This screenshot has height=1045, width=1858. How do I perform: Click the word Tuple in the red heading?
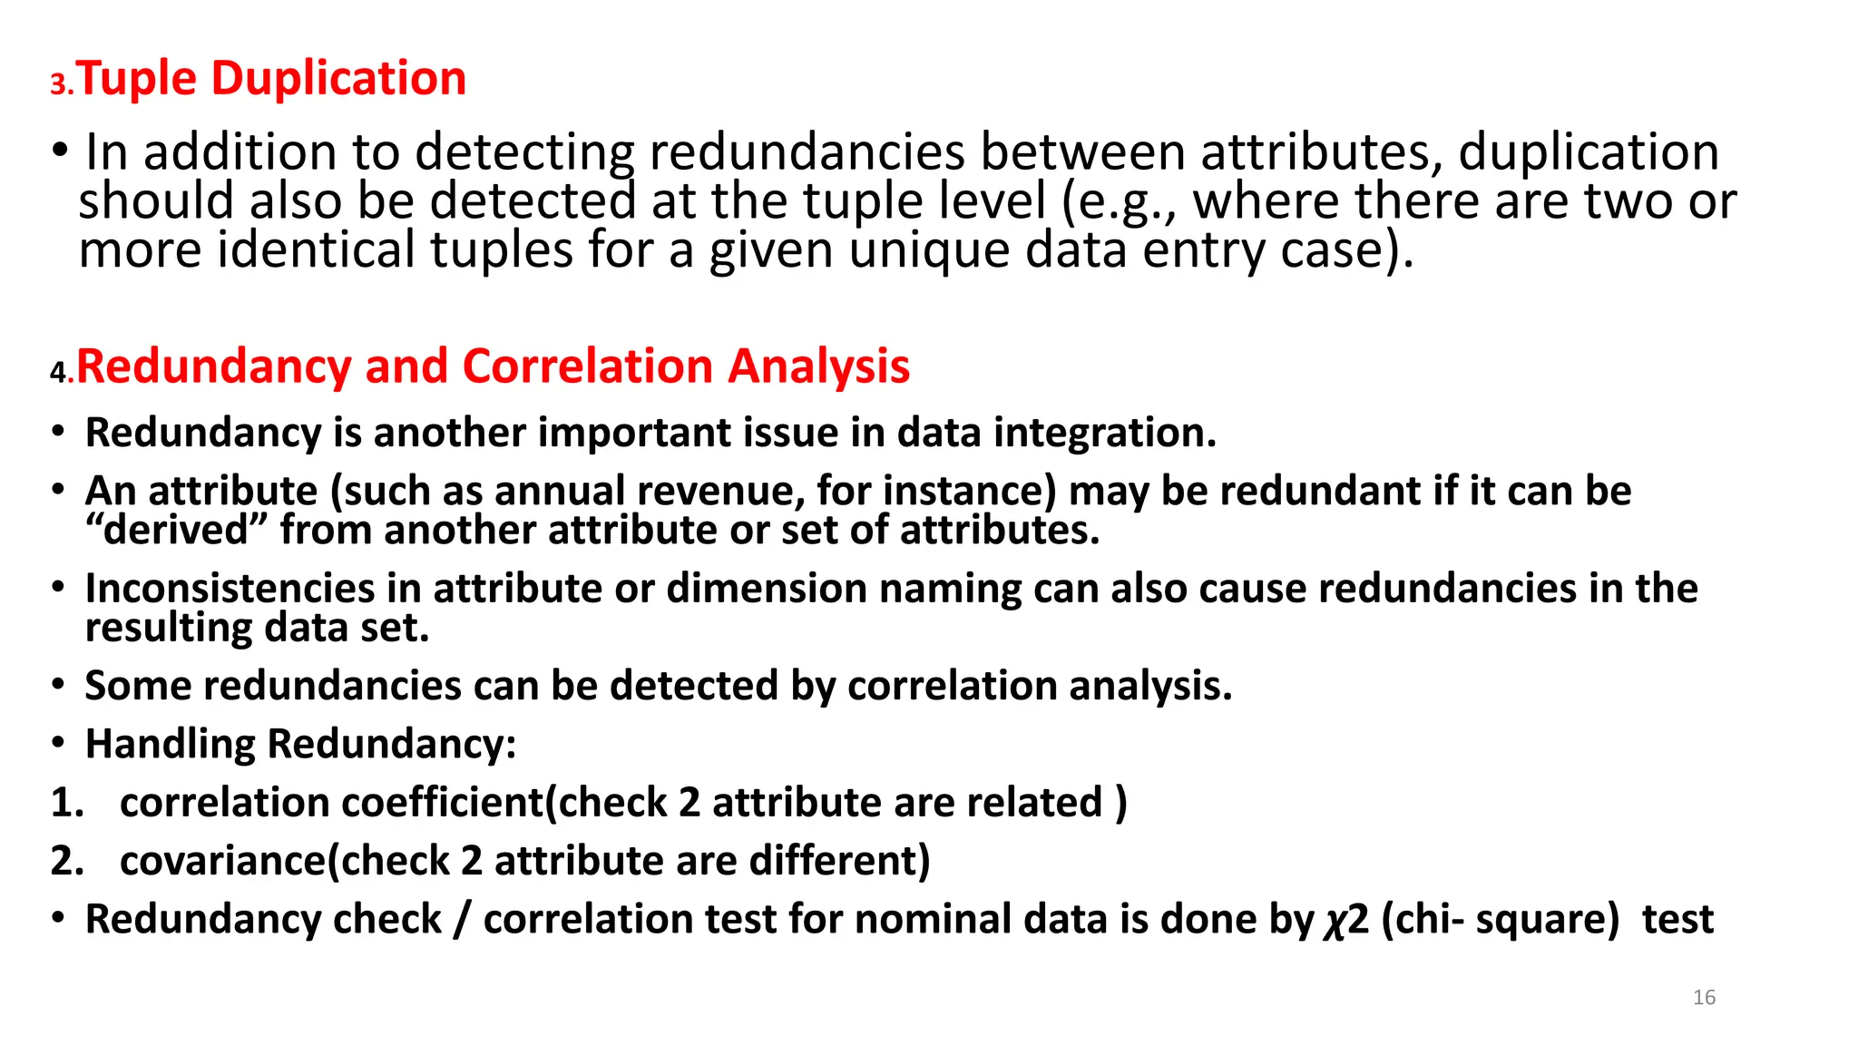point(136,79)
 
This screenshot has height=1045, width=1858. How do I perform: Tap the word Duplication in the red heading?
point(338,79)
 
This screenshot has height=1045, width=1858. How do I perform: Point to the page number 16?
point(1704,998)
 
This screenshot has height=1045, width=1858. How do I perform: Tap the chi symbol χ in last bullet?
point(1333,921)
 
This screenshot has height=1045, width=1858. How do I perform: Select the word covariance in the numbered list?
point(223,861)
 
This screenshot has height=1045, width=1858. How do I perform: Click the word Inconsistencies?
point(230,589)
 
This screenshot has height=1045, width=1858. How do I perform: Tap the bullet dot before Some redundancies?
point(58,685)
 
